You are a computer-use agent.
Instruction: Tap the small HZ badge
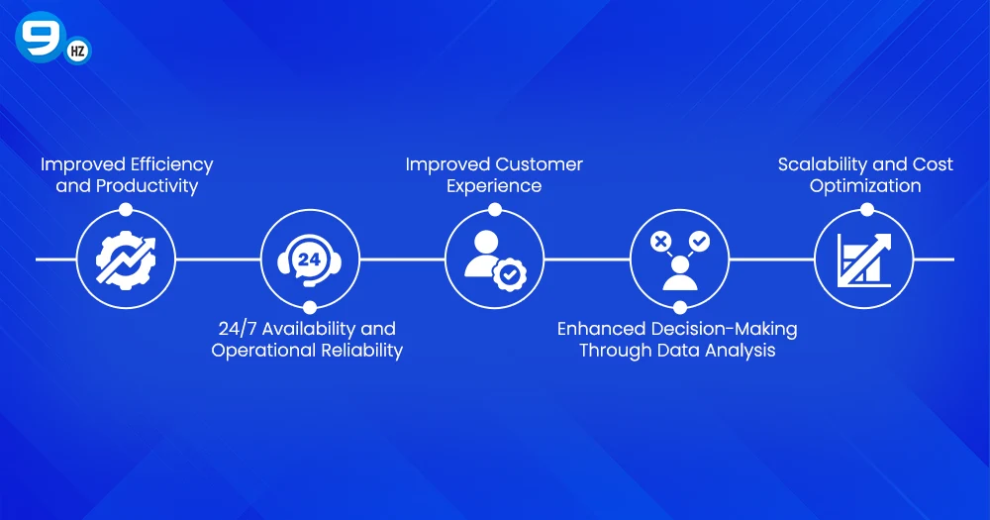(77, 52)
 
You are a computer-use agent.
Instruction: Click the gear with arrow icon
(126, 260)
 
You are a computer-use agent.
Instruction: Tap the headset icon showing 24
(310, 260)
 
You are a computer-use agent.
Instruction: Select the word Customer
(539, 164)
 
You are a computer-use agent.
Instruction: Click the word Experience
(494, 186)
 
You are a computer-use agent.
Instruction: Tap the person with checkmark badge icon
(494, 260)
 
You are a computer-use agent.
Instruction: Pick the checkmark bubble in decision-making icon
(699, 241)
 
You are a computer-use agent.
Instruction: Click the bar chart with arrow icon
(864, 260)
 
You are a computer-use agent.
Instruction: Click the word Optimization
(865, 186)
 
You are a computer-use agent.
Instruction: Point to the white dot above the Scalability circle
(866, 209)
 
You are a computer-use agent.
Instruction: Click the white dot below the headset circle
(310, 308)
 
